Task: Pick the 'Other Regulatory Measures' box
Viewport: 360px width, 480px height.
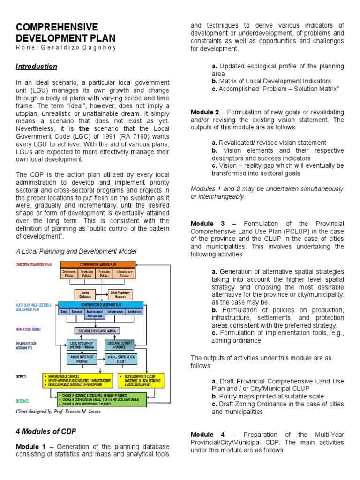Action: [120, 294]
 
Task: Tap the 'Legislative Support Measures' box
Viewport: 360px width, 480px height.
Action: [120, 345]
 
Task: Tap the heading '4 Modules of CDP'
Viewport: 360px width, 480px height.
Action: [46, 431]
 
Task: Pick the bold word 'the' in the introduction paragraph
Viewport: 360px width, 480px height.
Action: [84, 128]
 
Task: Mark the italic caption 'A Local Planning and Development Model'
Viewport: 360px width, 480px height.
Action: [76, 251]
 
